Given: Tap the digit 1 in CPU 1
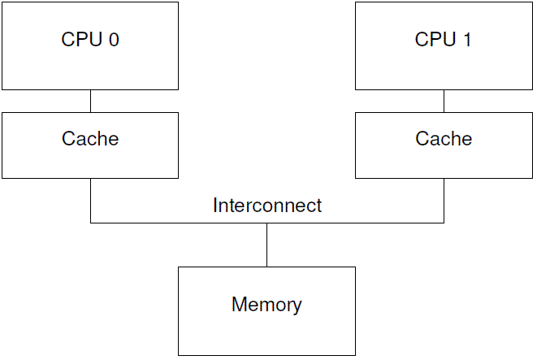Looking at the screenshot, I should [466, 39].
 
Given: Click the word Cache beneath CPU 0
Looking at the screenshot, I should [90, 139].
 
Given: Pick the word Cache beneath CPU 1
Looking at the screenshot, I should [444, 139].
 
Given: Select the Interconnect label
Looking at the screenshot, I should [266, 206].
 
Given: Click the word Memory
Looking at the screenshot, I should [266, 305].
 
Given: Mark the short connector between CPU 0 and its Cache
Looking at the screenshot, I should [90, 101].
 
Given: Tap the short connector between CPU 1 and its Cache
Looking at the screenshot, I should [444, 101].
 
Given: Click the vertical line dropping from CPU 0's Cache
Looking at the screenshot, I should [90, 200].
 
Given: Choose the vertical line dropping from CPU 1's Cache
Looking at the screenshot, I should [444, 200].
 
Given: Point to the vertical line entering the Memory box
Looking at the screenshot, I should [266, 245].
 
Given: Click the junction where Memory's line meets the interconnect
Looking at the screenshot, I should [266, 223].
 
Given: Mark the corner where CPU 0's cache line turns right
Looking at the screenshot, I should [90, 223].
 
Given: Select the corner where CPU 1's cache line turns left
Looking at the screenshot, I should [444, 223].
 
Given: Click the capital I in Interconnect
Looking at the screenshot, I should [215, 206].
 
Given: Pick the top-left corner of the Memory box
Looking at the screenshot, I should [179, 267].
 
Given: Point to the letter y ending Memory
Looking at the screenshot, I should [297, 307].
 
